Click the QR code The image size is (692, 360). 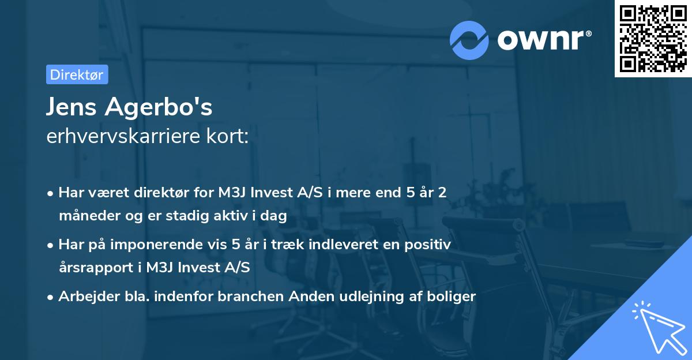pyautogui.click(x=653, y=39)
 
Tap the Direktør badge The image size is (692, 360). pyautogui.click(x=77, y=74)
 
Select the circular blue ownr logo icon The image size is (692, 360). pyautogui.click(x=469, y=40)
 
